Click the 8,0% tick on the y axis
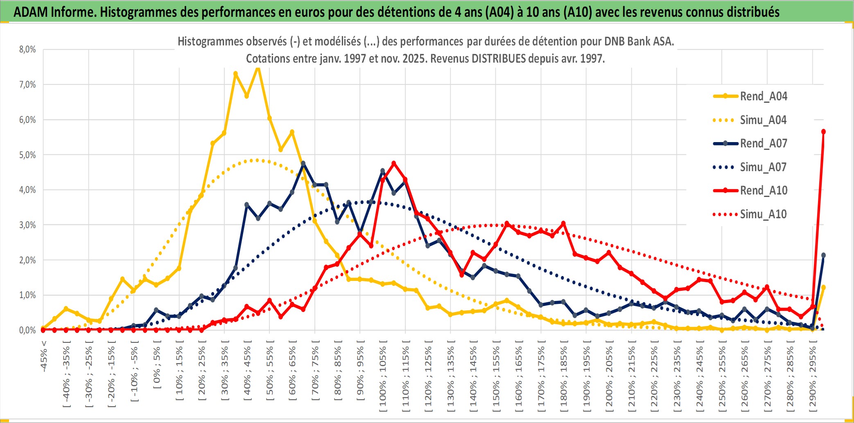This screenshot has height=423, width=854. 27,50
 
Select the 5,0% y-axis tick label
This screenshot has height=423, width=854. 27,155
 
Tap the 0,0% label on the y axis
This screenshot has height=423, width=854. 27,330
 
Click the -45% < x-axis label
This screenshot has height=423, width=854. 44,356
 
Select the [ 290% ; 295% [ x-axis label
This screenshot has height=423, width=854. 813,377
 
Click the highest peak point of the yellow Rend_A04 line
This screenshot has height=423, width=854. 258,68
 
